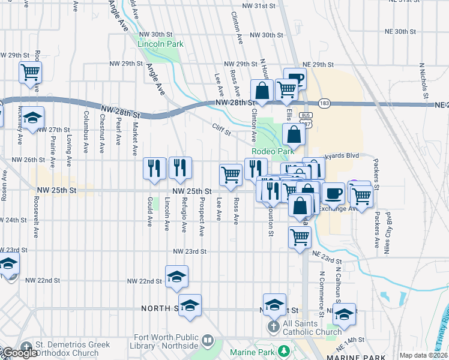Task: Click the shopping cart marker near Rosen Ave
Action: [30, 73]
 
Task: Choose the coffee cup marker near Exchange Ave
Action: [334, 193]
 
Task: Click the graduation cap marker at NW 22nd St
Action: [176, 277]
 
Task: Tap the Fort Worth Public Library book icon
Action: [208, 340]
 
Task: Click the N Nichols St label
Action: [423, 80]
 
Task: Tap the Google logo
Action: [19, 353]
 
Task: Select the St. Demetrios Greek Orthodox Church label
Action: [66, 349]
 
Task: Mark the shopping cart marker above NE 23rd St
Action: [300, 236]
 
